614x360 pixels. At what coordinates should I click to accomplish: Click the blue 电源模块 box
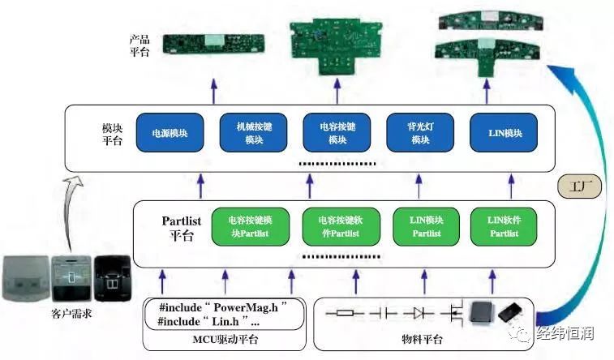[170, 133]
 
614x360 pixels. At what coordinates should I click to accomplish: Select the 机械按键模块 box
[253, 133]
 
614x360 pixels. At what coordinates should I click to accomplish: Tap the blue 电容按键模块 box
[337, 133]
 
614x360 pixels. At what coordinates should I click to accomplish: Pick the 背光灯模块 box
[420, 133]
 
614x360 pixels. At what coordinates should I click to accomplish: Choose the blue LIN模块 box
[504, 133]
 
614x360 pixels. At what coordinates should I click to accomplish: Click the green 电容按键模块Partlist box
[250, 227]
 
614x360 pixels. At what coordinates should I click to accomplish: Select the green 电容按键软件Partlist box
[341, 227]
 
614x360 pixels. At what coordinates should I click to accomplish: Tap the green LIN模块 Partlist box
[427, 227]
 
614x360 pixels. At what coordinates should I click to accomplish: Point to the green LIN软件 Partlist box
[504, 227]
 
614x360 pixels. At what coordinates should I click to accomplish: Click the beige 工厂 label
[580, 186]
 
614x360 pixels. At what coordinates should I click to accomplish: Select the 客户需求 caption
[71, 313]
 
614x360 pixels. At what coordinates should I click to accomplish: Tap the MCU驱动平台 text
[225, 339]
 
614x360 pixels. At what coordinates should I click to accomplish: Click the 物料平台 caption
[422, 339]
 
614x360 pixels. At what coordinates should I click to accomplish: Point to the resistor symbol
[345, 313]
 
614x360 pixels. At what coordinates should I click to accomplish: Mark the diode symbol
[419, 313]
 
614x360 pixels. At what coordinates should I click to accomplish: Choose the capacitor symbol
[383, 313]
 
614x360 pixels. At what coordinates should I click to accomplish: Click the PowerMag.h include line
[223, 307]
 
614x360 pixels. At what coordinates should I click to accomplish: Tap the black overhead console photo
[113, 278]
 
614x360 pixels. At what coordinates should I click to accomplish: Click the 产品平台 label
[140, 45]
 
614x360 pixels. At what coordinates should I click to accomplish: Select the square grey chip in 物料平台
[482, 313]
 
